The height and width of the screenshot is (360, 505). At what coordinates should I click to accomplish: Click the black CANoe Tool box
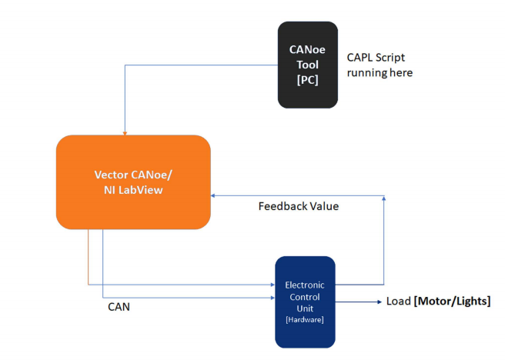click(307, 65)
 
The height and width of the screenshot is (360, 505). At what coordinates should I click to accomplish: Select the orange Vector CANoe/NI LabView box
click(133, 182)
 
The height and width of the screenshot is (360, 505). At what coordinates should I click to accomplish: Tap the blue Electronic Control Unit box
click(305, 302)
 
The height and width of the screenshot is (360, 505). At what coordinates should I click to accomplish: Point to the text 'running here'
click(380, 73)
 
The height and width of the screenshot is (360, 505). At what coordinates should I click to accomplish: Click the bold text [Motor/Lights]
click(451, 302)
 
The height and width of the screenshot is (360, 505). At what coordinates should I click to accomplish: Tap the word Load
click(398, 302)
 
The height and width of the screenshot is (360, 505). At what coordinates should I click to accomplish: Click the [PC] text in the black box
click(307, 79)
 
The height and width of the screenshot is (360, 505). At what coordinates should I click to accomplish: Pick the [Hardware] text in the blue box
click(305, 318)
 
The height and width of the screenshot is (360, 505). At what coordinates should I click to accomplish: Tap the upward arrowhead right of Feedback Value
click(384, 199)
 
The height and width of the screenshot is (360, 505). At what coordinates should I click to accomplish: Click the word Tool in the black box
click(307, 65)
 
